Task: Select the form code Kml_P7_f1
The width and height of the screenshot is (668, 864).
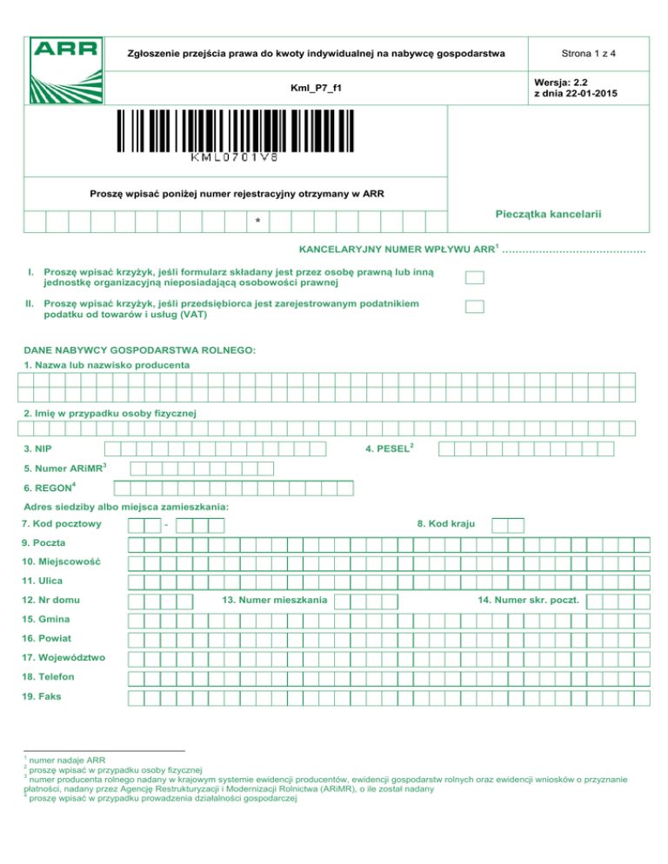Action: point(316,89)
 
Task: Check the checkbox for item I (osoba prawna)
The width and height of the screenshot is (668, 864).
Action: point(474,278)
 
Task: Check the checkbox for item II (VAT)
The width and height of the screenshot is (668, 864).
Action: point(474,306)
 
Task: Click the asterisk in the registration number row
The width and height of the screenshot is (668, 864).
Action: point(257,223)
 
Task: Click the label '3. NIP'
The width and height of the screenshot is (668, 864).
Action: point(37,449)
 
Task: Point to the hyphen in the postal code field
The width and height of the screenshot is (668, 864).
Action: point(165,525)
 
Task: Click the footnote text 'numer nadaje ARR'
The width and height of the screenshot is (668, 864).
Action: point(68,758)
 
